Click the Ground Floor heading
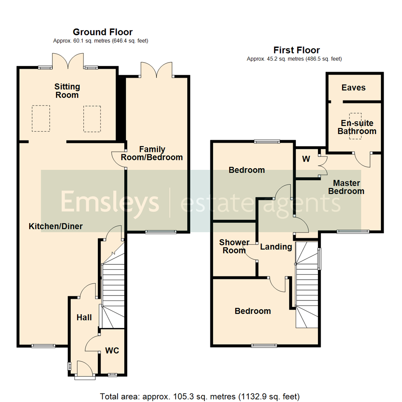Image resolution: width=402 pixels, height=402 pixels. [102, 32]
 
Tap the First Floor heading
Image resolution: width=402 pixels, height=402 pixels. [297, 50]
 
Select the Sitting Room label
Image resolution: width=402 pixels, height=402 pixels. [67, 91]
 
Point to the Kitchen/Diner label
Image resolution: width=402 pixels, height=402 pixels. [56, 226]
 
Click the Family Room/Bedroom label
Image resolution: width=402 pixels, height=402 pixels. [157, 153]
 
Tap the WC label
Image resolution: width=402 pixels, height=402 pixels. [112, 351]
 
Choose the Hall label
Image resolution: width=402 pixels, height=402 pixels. [84, 318]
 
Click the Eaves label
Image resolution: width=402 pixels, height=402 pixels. [353, 88]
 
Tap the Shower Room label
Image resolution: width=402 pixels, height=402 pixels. [234, 246]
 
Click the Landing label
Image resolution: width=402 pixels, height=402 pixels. [276, 247]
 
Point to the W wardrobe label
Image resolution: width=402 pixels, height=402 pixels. [306, 159]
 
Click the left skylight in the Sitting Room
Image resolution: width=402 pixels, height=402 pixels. [41, 118]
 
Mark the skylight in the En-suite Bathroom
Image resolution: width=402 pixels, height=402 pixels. [355, 126]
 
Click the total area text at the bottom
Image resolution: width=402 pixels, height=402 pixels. [200, 396]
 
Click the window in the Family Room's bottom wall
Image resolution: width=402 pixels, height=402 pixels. [160, 232]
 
